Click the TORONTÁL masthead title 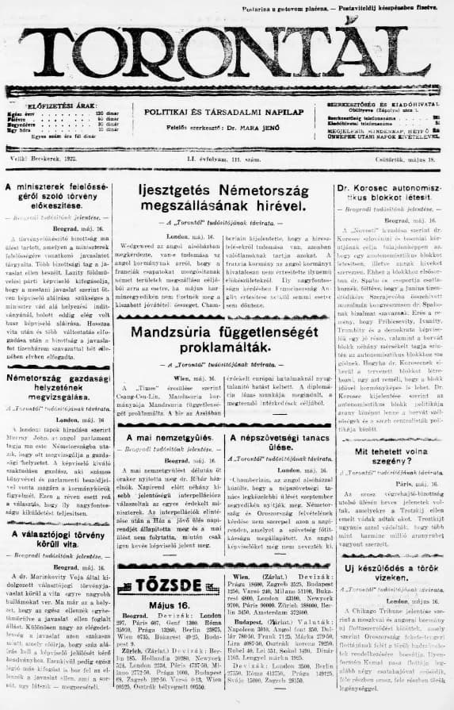227,52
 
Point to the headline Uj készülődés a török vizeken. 389,577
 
